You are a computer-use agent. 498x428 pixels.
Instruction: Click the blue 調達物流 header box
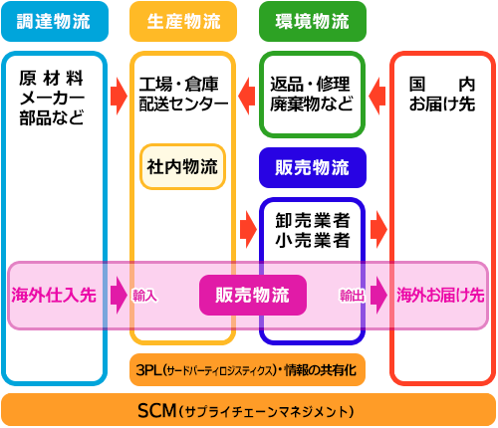pos(55,22)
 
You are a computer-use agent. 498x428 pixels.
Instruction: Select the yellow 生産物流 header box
pos(183,22)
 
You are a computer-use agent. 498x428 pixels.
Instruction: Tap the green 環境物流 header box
pos(313,22)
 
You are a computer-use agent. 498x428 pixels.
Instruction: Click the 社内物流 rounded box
pos(182,166)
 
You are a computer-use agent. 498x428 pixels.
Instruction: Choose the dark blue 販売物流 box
pos(313,167)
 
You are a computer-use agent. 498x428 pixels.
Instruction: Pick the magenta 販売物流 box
pos(253,295)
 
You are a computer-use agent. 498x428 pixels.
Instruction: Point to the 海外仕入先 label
pos(54,295)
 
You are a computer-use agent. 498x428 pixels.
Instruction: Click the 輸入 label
pos(144,296)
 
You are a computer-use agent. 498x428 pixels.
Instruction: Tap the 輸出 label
pos(352,296)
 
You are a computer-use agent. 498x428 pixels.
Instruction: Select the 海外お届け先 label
pos(440,295)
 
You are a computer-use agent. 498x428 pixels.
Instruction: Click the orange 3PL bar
pos(247,370)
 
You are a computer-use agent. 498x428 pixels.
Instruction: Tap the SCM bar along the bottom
pos(249,410)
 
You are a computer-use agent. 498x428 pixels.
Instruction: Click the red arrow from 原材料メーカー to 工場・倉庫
pos(119,97)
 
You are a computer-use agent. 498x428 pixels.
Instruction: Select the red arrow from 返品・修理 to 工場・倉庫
pos(247,97)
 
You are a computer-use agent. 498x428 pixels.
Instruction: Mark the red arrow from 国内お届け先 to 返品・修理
pos(377,97)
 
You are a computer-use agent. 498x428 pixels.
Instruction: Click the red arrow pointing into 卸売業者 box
pos(248,229)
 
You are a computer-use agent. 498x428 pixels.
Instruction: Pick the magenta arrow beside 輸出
pos(378,295)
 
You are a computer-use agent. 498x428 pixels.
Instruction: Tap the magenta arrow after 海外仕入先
pos(119,295)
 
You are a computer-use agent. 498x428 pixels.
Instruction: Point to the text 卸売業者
pos(313,220)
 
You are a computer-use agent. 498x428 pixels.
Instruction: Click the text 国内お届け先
pos(442,95)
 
